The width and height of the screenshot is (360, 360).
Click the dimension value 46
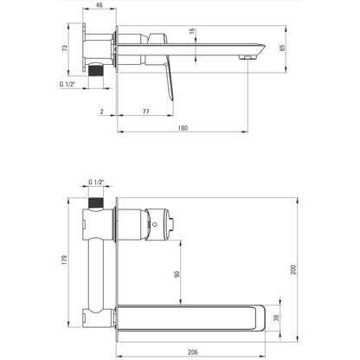(100, 5)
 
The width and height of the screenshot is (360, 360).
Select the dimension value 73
(65, 48)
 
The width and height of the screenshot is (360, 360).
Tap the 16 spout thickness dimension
(192, 31)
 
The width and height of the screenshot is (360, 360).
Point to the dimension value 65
(282, 48)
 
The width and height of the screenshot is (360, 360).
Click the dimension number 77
(146, 112)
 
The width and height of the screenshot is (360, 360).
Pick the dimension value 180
(183, 128)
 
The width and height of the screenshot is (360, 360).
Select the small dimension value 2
(102, 112)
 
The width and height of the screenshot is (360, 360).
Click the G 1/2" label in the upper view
(67, 85)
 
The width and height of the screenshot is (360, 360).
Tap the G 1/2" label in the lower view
(96, 183)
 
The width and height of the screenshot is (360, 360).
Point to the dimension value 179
(64, 260)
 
